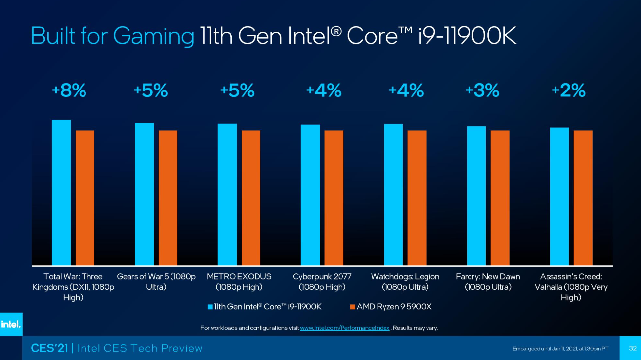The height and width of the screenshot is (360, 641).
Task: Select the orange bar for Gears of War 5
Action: click(x=168, y=197)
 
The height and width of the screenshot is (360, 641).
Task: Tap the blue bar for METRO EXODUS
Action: click(x=227, y=194)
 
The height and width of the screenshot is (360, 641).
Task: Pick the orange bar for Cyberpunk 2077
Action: click(x=334, y=197)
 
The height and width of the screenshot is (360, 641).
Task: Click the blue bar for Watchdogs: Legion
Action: click(x=393, y=194)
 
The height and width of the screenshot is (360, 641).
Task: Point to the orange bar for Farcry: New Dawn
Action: click(x=500, y=197)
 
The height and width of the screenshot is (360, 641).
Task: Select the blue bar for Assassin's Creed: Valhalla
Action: click(x=559, y=196)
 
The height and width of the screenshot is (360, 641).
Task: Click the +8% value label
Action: click(x=69, y=91)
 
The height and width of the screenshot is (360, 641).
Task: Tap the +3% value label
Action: click(x=482, y=91)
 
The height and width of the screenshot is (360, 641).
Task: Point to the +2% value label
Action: click(x=568, y=91)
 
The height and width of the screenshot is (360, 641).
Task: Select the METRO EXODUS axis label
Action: click(x=239, y=282)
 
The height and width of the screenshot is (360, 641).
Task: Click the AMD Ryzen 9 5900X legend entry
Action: click(x=391, y=307)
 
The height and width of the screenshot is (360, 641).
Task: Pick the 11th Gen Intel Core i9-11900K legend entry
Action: click(x=264, y=307)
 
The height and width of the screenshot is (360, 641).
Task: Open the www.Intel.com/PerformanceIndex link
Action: click(x=344, y=328)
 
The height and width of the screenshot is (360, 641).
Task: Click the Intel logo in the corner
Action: click(x=11, y=324)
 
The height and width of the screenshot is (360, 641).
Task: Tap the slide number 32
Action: click(x=632, y=348)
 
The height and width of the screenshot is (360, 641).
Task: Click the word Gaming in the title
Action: click(x=154, y=36)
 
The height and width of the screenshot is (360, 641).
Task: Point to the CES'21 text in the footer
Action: click(x=50, y=348)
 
